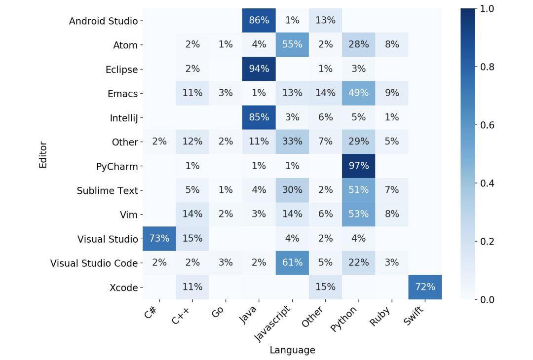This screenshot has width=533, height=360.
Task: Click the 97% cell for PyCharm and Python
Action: (358, 166)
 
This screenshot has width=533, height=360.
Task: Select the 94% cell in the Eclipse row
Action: (259, 69)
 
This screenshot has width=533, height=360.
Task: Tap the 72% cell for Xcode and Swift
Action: (425, 287)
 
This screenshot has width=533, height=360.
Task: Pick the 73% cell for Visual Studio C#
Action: (159, 239)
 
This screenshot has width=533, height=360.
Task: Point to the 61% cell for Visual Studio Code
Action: (292, 263)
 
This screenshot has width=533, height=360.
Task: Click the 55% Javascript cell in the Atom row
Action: (292, 44)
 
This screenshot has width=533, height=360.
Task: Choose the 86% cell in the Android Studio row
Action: (259, 20)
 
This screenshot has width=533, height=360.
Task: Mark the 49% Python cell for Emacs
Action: (358, 93)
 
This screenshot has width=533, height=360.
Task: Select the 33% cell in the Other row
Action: (292, 142)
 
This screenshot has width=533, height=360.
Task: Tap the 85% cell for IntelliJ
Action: (259, 117)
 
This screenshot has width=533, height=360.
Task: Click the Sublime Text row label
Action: (107, 190)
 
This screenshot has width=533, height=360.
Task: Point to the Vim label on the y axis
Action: (129, 215)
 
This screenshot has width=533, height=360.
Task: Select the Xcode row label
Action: (123, 288)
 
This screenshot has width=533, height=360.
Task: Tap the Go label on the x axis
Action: (218, 312)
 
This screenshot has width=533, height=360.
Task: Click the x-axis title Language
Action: (292, 350)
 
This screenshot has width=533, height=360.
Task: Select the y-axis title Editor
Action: (43, 154)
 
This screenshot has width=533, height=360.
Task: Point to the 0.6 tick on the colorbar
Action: (486, 125)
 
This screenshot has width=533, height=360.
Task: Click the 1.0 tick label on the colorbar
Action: (486, 9)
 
